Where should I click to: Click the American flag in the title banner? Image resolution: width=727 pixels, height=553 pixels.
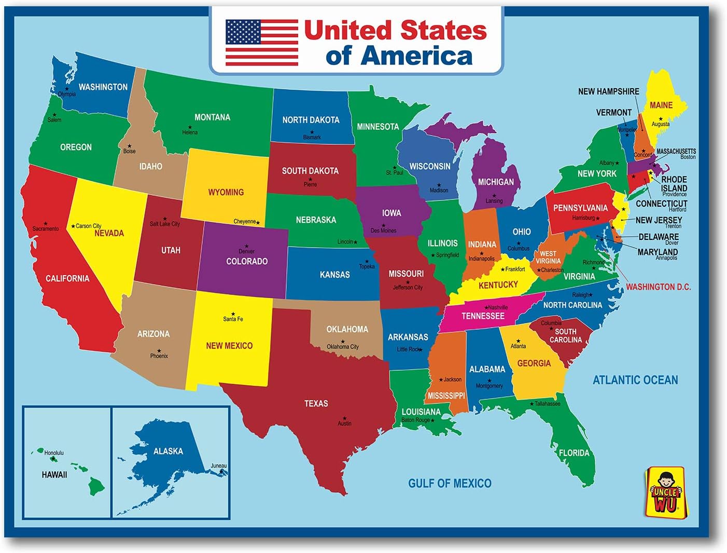261,43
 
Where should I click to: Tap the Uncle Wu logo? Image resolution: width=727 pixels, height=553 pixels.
665,491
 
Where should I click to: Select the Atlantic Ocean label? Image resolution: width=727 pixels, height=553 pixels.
635,380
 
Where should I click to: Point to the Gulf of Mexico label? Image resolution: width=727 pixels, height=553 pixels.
450,483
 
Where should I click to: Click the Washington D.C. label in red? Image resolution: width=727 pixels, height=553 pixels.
658,287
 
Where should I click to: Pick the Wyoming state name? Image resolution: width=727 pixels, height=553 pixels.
226,192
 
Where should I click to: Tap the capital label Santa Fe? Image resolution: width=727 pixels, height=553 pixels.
233,319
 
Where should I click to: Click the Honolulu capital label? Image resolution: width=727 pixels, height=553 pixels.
54,453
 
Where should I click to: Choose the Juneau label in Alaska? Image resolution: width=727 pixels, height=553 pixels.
218,465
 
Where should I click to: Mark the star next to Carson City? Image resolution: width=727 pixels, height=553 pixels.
73,226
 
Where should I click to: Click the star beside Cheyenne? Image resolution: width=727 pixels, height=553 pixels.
258,223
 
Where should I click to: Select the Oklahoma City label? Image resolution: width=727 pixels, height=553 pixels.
343,347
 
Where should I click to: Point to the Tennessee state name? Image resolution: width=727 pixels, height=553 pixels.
483,316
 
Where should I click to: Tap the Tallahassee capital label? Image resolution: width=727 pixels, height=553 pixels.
547,403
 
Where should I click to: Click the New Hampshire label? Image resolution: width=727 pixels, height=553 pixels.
608,91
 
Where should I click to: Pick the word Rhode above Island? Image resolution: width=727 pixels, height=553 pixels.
674,179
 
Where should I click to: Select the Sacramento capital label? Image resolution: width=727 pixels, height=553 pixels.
46,228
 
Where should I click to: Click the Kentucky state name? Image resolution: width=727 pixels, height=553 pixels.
498,285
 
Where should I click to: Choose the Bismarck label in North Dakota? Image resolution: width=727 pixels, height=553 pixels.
312,137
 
